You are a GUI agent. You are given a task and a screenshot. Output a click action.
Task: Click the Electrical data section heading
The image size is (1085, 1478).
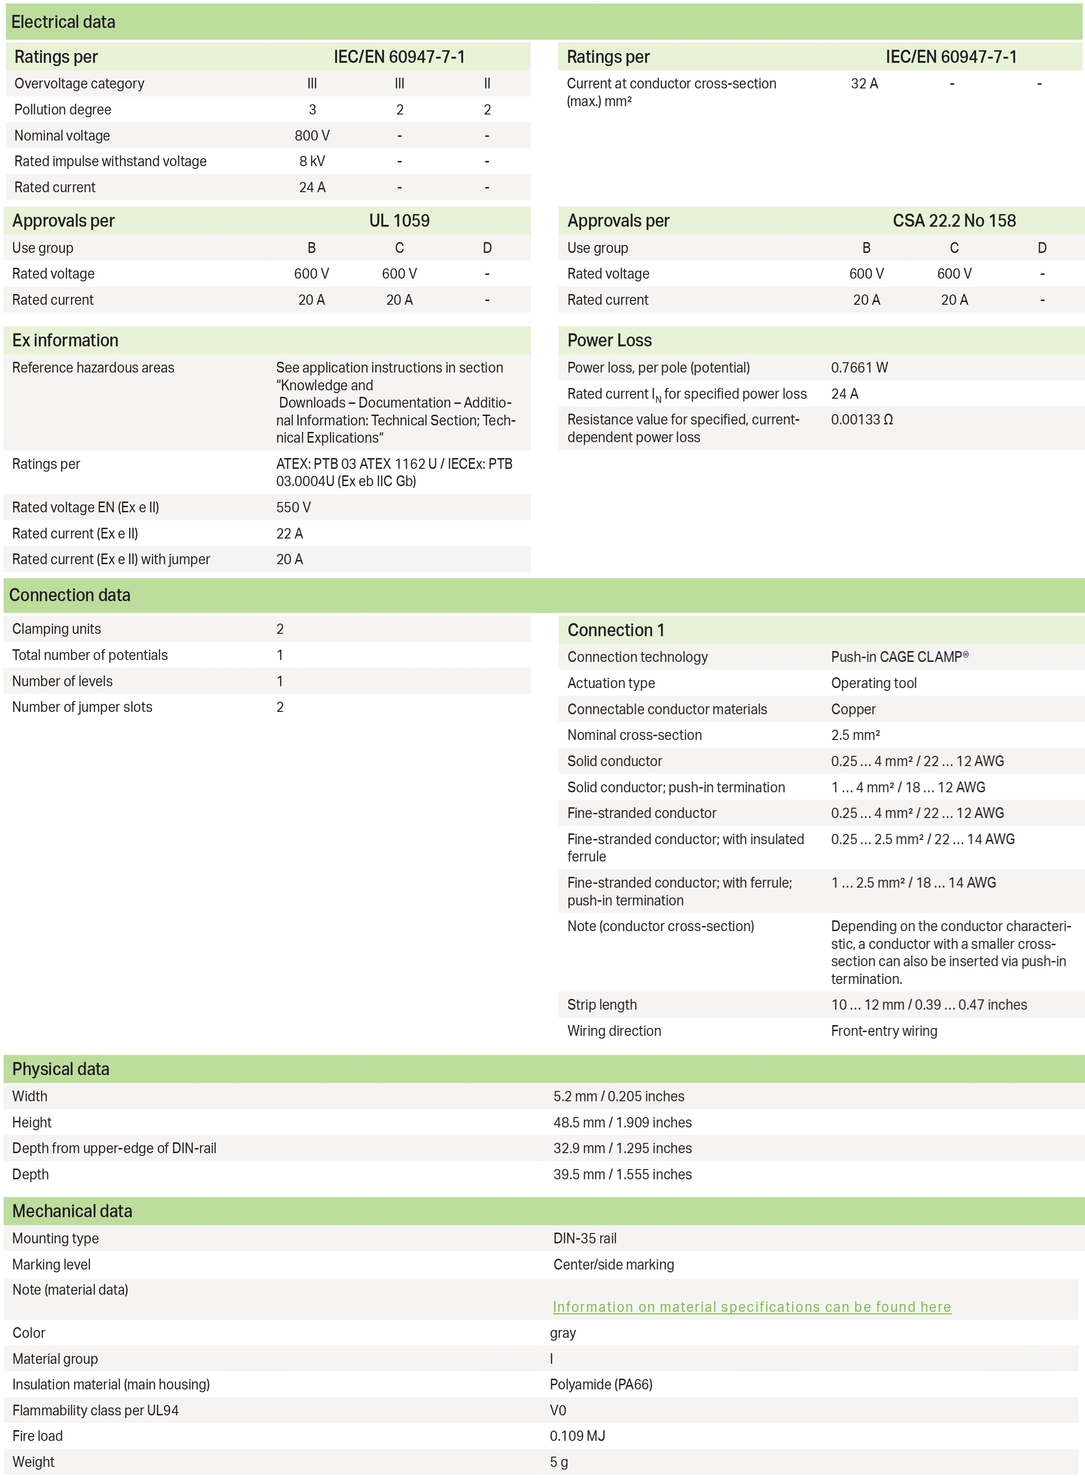pos(63,22)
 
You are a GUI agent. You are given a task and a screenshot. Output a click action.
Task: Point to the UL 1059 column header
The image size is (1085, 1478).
pos(399,221)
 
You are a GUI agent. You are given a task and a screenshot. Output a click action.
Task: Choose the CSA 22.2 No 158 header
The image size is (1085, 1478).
pos(954,221)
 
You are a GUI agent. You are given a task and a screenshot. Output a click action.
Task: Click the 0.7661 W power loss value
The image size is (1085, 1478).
pos(859,368)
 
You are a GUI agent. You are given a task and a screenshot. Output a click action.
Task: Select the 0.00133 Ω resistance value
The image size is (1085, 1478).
pos(862,420)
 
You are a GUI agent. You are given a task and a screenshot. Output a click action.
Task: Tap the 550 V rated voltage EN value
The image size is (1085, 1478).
pos(294,508)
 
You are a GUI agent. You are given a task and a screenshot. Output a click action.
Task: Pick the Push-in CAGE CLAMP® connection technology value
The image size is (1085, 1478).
pos(899,657)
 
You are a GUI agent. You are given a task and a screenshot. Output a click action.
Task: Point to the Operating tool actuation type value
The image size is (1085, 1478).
pos(874,683)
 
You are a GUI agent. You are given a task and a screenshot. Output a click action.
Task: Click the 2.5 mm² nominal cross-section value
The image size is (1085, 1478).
pos(855,735)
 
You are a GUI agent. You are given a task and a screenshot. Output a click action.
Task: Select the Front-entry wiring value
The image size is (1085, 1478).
pos(884,1031)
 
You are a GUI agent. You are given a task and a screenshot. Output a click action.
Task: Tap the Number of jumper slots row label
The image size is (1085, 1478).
pos(82,707)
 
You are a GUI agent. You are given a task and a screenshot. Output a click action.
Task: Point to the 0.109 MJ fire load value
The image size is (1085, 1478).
pos(577,1436)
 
